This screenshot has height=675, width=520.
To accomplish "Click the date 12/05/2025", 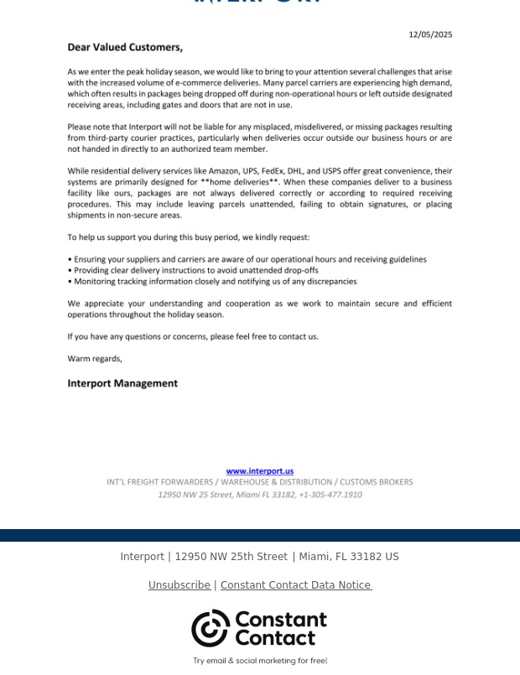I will click(x=430, y=34).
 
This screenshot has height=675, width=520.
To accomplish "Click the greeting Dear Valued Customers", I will click(x=125, y=48).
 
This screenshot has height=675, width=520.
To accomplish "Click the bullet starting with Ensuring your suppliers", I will click(x=247, y=260).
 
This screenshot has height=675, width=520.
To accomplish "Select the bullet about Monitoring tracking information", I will click(x=212, y=282).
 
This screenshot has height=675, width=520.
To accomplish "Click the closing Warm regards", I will click(x=95, y=359).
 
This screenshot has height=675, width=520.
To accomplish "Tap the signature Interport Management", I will click(x=122, y=383).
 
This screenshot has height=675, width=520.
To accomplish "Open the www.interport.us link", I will click(x=260, y=471).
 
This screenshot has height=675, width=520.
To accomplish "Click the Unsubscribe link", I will click(x=179, y=585).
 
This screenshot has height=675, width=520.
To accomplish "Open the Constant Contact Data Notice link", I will click(x=295, y=585).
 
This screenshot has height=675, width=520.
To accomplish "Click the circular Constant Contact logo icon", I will click(x=210, y=628).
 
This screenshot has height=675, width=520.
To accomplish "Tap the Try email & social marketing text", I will click(x=260, y=661).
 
